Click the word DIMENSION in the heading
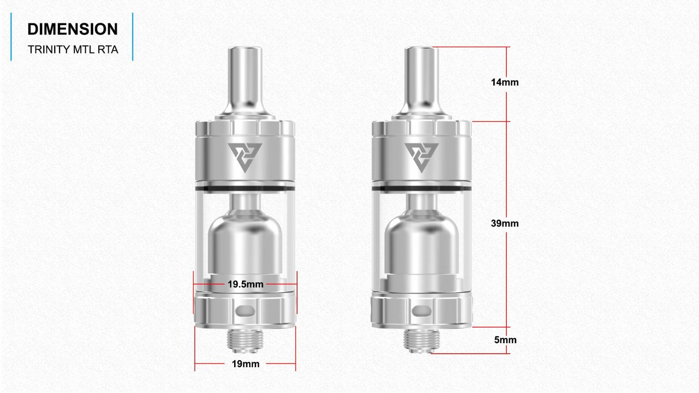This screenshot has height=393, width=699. (73, 29)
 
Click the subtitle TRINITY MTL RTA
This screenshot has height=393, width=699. (73, 50)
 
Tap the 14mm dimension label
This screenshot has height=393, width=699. (505, 83)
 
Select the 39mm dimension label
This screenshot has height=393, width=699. (505, 223)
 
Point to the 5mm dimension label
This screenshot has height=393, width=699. (505, 340)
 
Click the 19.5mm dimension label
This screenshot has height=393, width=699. (245, 284)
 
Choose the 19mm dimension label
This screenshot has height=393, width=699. (246, 364)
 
